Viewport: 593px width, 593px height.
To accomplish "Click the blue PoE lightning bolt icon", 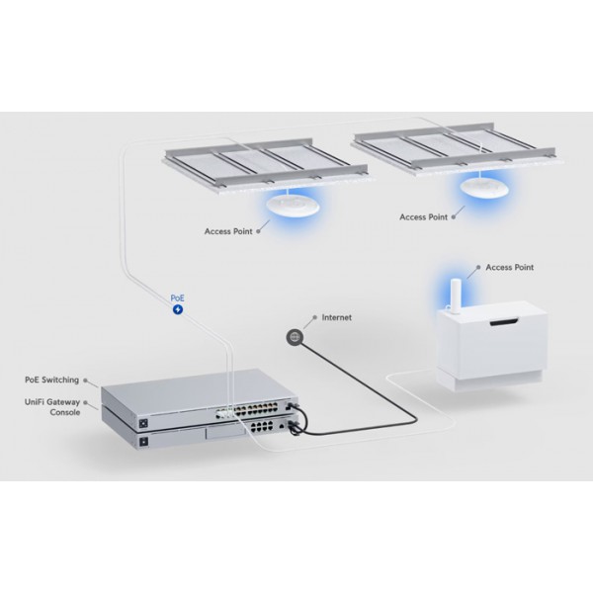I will (x=178, y=309).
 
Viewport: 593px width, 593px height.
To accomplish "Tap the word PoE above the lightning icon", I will (x=178, y=296).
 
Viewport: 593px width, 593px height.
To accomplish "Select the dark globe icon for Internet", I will (x=295, y=337).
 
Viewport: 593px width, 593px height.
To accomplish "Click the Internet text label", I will (x=337, y=318).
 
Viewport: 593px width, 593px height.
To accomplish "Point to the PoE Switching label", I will (x=52, y=380).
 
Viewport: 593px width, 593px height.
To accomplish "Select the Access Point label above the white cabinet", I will (x=510, y=267).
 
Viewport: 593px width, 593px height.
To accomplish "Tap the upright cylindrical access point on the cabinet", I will (x=456, y=294).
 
